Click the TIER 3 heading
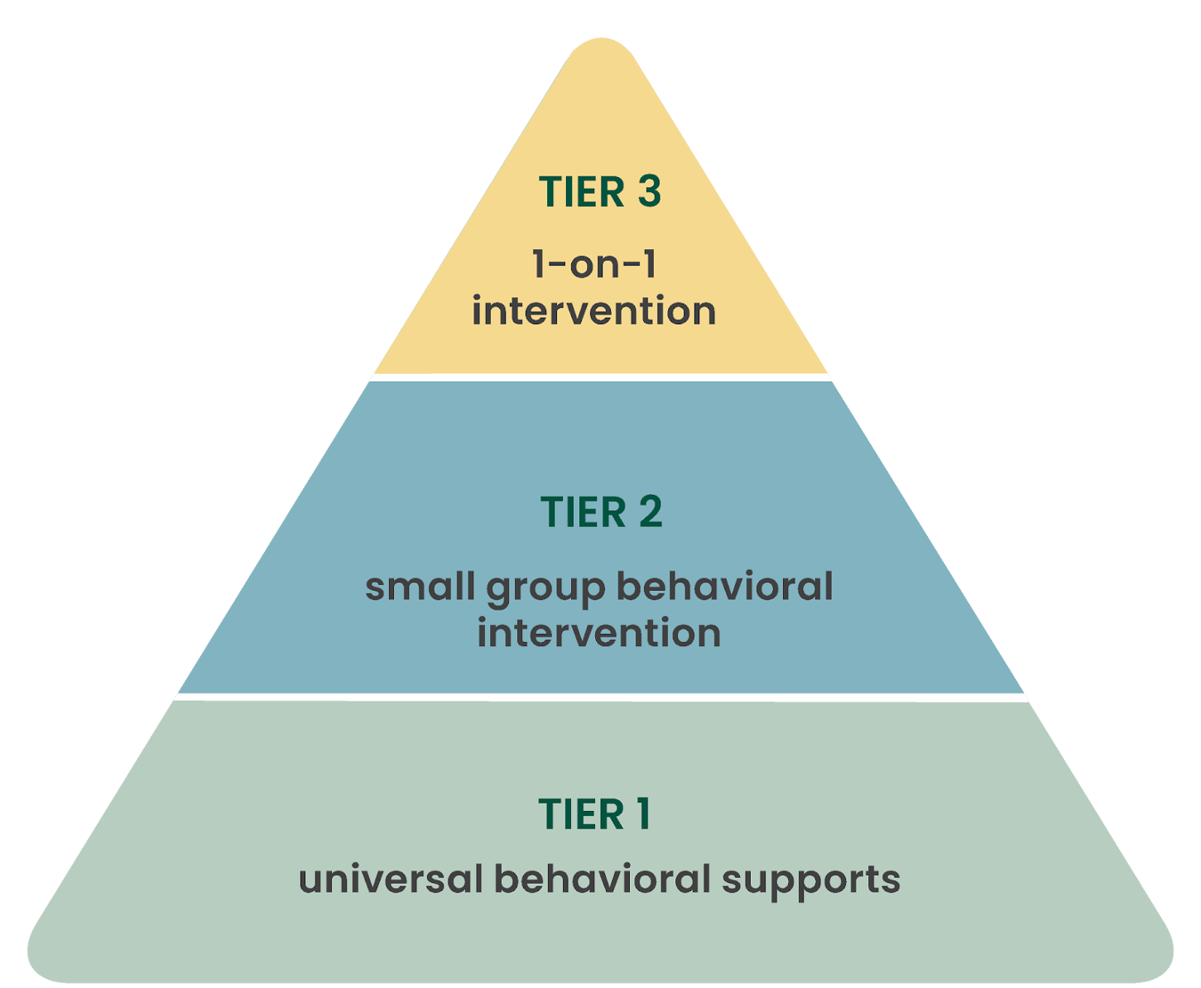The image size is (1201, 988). pos(600,192)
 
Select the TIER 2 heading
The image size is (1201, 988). pos(600,513)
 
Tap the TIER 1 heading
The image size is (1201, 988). pos(594,814)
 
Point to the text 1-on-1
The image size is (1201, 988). pos(593,264)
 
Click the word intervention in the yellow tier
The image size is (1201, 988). pos(593,312)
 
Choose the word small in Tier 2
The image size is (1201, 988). pos(420,587)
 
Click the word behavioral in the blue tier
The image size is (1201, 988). pos(724,587)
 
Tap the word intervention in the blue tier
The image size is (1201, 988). pos(599,634)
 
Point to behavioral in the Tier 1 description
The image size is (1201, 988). pos(602,879)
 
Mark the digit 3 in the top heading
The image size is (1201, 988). pos(648,192)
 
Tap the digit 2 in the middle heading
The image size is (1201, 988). pos(649,513)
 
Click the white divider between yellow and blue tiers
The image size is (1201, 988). pos(600,377)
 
